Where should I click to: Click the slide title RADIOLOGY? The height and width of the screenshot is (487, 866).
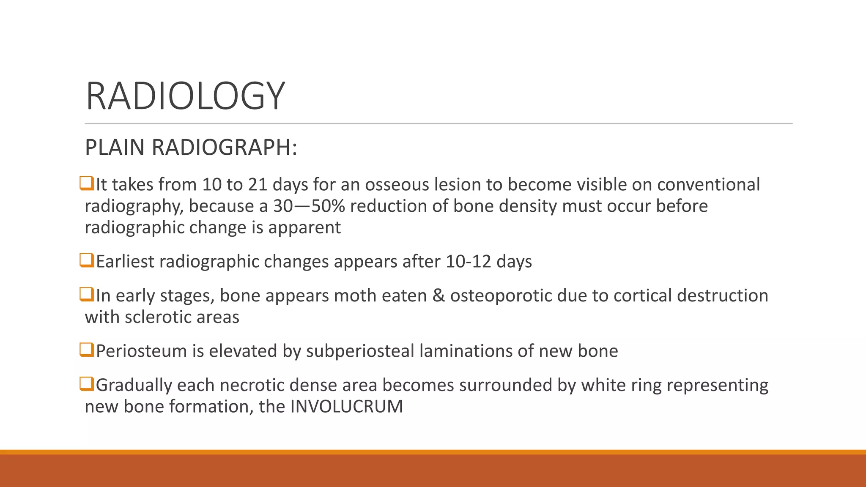185,96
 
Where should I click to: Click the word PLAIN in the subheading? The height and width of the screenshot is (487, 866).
115,148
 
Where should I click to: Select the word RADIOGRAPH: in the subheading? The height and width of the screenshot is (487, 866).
224,148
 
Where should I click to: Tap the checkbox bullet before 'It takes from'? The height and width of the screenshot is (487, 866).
87,183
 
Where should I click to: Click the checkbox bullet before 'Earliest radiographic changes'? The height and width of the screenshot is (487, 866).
87,260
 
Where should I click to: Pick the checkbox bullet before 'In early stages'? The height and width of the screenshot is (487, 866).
87,294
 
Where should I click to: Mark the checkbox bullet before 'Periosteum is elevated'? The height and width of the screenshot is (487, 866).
87,350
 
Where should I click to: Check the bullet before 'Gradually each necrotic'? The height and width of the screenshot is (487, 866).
87,384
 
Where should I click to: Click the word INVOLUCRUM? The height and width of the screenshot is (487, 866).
346,407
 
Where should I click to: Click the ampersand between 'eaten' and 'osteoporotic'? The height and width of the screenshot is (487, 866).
438,295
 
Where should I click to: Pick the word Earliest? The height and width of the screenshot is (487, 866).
125,262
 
